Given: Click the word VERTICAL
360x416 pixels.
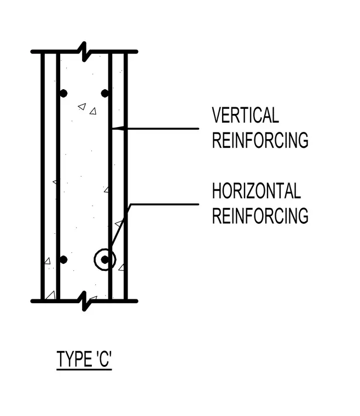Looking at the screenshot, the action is pyautogui.click(x=246, y=115).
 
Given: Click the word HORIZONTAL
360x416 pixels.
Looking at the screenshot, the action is pyautogui.click(x=257, y=190).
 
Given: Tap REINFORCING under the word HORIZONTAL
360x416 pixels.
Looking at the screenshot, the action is pyautogui.click(x=260, y=216).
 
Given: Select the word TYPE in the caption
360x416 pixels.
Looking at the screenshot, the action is pyautogui.click(x=74, y=359).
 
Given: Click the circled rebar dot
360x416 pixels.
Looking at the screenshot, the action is pyautogui.click(x=104, y=260).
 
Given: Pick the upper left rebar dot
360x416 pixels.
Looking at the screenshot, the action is pyautogui.click(x=63, y=94).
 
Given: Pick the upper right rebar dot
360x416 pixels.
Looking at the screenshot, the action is pyautogui.click(x=105, y=94).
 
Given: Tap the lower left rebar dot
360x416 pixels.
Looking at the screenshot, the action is pyautogui.click(x=63, y=260).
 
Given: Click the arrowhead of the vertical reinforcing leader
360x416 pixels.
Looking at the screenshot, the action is pyautogui.click(x=118, y=129).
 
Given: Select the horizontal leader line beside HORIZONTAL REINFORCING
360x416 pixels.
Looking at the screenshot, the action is pyautogui.click(x=164, y=204).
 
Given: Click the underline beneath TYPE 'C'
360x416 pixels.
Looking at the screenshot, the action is pyautogui.click(x=84, y=369).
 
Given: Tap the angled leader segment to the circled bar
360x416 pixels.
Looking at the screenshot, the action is pyautogui.click(x=120, y=226).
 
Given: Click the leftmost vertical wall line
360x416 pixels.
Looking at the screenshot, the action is pyautogui.click(x=43, y=176).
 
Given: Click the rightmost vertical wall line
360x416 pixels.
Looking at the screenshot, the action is pyautogui.click(x=126, y=176).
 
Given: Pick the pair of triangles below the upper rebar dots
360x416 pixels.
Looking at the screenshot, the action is pyautogui.click(x=87, y=109).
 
